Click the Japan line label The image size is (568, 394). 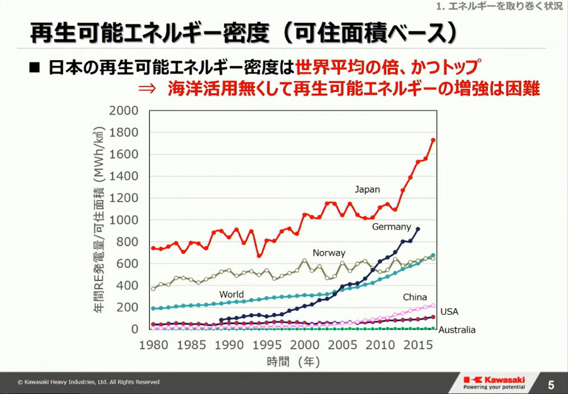(367, 189)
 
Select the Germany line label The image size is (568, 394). (391, 227)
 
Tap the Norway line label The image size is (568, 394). (329, 253)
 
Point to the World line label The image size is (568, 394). (231, 294)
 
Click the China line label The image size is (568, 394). (415, 297)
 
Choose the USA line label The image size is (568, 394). (450, 311)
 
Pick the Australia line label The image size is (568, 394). (456, 330)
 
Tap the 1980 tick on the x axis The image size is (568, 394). (153, 343)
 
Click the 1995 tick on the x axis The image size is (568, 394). (267, 343)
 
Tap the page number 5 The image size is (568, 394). (551, 385)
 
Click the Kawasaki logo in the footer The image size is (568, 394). (494, 382)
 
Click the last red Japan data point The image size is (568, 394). (433, 140)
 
